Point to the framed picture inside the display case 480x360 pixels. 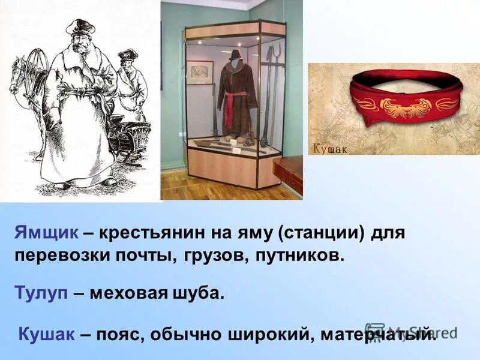pyautogui.click(x=199, y=72)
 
